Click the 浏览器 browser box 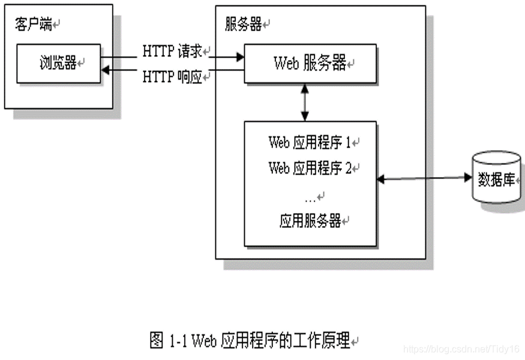click(x=58, y=63)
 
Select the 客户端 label click(x=33, y=25)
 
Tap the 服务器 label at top click(x=242, y=25)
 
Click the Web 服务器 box click(x=310, y=63)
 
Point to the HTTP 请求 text click(x=175, y=52)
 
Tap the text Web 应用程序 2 click(x=310, y=169)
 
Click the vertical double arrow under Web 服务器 click(x=305, y=102)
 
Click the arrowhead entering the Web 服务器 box click(x=240, y=58)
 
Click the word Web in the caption click(x=205, y=341)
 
